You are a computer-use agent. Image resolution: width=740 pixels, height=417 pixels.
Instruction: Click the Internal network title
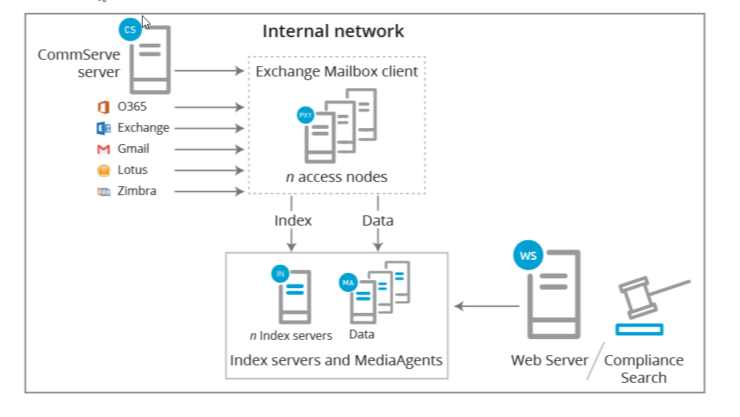[333, 31]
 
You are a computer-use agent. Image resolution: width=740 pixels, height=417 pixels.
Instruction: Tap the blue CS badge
[130, 30]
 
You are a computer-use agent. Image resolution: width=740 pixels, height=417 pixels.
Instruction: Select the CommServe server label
[79, 63]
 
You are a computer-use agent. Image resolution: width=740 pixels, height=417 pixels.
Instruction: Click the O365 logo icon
[103, 107]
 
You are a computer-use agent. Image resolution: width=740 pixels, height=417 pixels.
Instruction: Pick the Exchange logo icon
[103, 128]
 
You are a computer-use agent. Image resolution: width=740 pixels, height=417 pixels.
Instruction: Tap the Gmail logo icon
[103, 149]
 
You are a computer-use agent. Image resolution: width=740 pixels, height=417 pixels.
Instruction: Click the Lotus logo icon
[103, 170]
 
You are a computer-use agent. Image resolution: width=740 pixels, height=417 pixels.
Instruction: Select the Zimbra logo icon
[103, 191]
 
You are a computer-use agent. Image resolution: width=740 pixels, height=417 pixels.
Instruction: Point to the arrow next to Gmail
[209, 149]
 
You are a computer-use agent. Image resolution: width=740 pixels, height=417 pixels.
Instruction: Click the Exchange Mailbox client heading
[336, 71]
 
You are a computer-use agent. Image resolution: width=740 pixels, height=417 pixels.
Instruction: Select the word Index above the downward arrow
[293, 221]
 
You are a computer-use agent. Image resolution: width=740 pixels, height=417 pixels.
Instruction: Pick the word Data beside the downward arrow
[378, 221]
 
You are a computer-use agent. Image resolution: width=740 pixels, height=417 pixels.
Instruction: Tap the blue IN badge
[280, 274]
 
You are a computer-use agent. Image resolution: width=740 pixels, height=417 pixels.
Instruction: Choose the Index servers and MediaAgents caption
[336, 360]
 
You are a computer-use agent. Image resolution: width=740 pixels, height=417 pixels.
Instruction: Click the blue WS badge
[528, 255]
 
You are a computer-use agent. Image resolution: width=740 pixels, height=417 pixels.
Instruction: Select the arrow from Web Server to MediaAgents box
[487, 306]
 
